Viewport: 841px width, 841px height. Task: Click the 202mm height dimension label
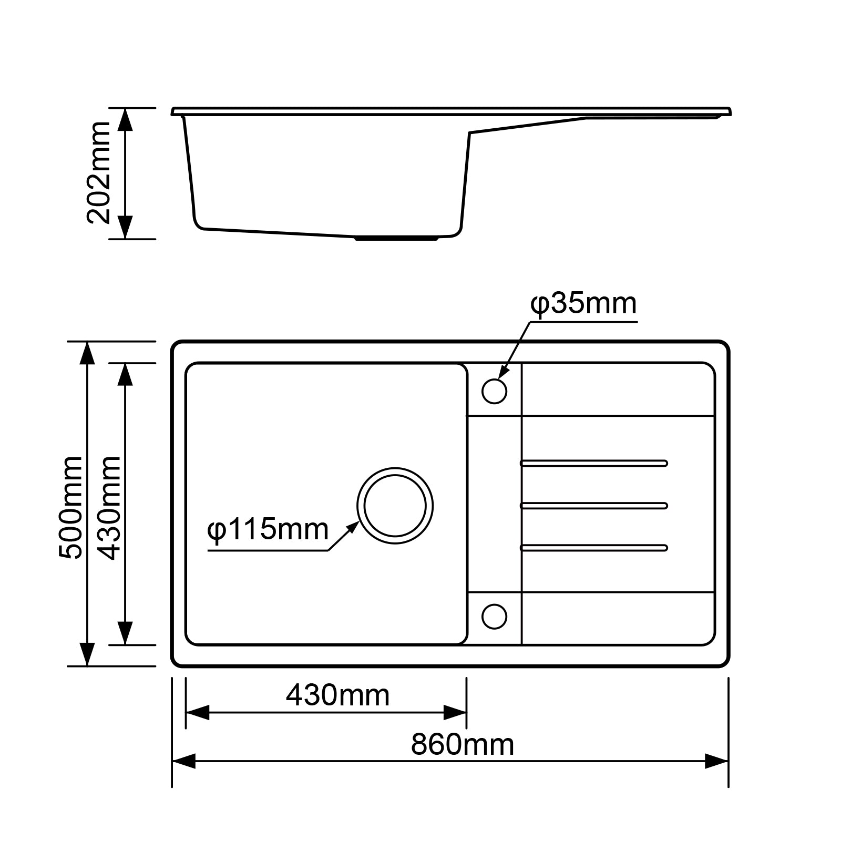pos(99,173)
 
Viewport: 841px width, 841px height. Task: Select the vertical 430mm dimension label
pos(110,508)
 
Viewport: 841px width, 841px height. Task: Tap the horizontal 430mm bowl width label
pos(337,695)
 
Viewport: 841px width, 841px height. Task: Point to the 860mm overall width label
pos(462,745)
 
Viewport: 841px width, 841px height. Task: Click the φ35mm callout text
pos(583,304)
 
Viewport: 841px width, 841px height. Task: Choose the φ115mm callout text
pos(268,529)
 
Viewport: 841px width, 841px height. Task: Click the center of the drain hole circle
pos(395,506)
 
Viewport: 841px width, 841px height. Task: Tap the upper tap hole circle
pos(494,391)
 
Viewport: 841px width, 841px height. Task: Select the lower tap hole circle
pos(494,617)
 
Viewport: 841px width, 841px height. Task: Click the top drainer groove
pos(594,463)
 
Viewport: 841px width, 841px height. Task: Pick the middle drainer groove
pos(594,506)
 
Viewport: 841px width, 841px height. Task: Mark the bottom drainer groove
pos(594,548)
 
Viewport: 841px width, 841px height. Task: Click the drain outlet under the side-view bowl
pos(396,239)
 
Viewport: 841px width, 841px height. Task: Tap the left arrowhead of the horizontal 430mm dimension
pos(197,713)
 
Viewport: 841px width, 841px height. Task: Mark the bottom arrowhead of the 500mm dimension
pos(87,655)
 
